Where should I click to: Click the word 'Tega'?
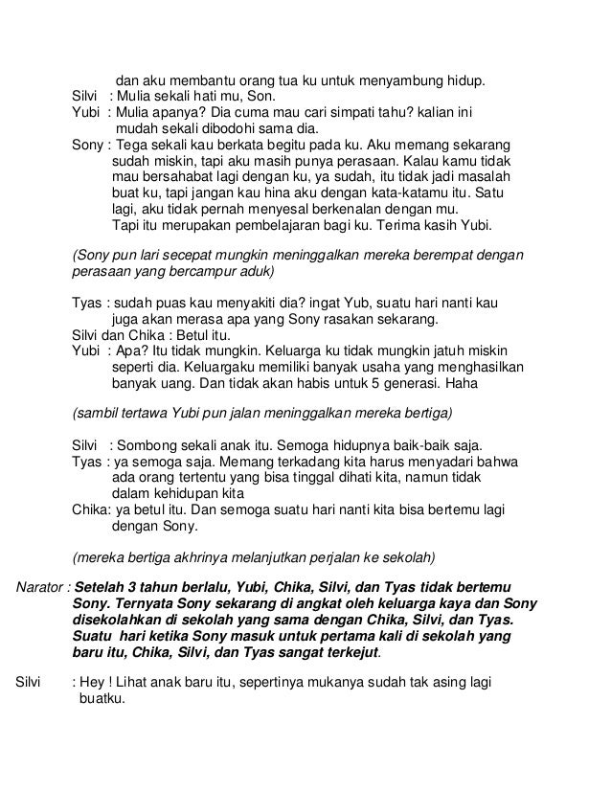pyautogui.click(x=133, y=147)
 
